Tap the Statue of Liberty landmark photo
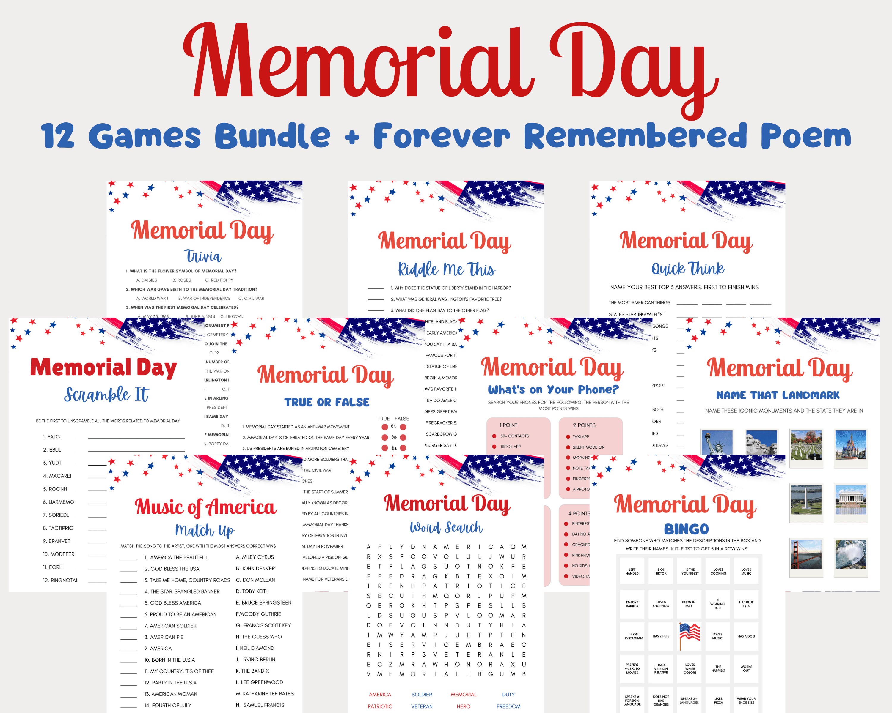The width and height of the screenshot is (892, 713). (717, 443)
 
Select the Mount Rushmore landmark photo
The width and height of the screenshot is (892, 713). (761, 443)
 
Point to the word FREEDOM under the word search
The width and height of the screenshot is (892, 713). (508, 706)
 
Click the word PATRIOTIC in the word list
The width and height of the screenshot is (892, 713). (380, 706)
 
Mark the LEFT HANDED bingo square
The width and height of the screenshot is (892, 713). (632, 571)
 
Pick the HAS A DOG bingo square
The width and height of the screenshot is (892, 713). (746, 636)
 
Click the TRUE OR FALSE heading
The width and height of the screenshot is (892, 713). (326, 402)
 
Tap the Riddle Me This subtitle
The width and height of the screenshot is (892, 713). (446, 269)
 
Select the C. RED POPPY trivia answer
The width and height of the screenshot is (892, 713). (219, 280)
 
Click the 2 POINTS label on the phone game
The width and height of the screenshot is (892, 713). (584, 425)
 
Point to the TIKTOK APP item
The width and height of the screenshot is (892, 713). (510, 447)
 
